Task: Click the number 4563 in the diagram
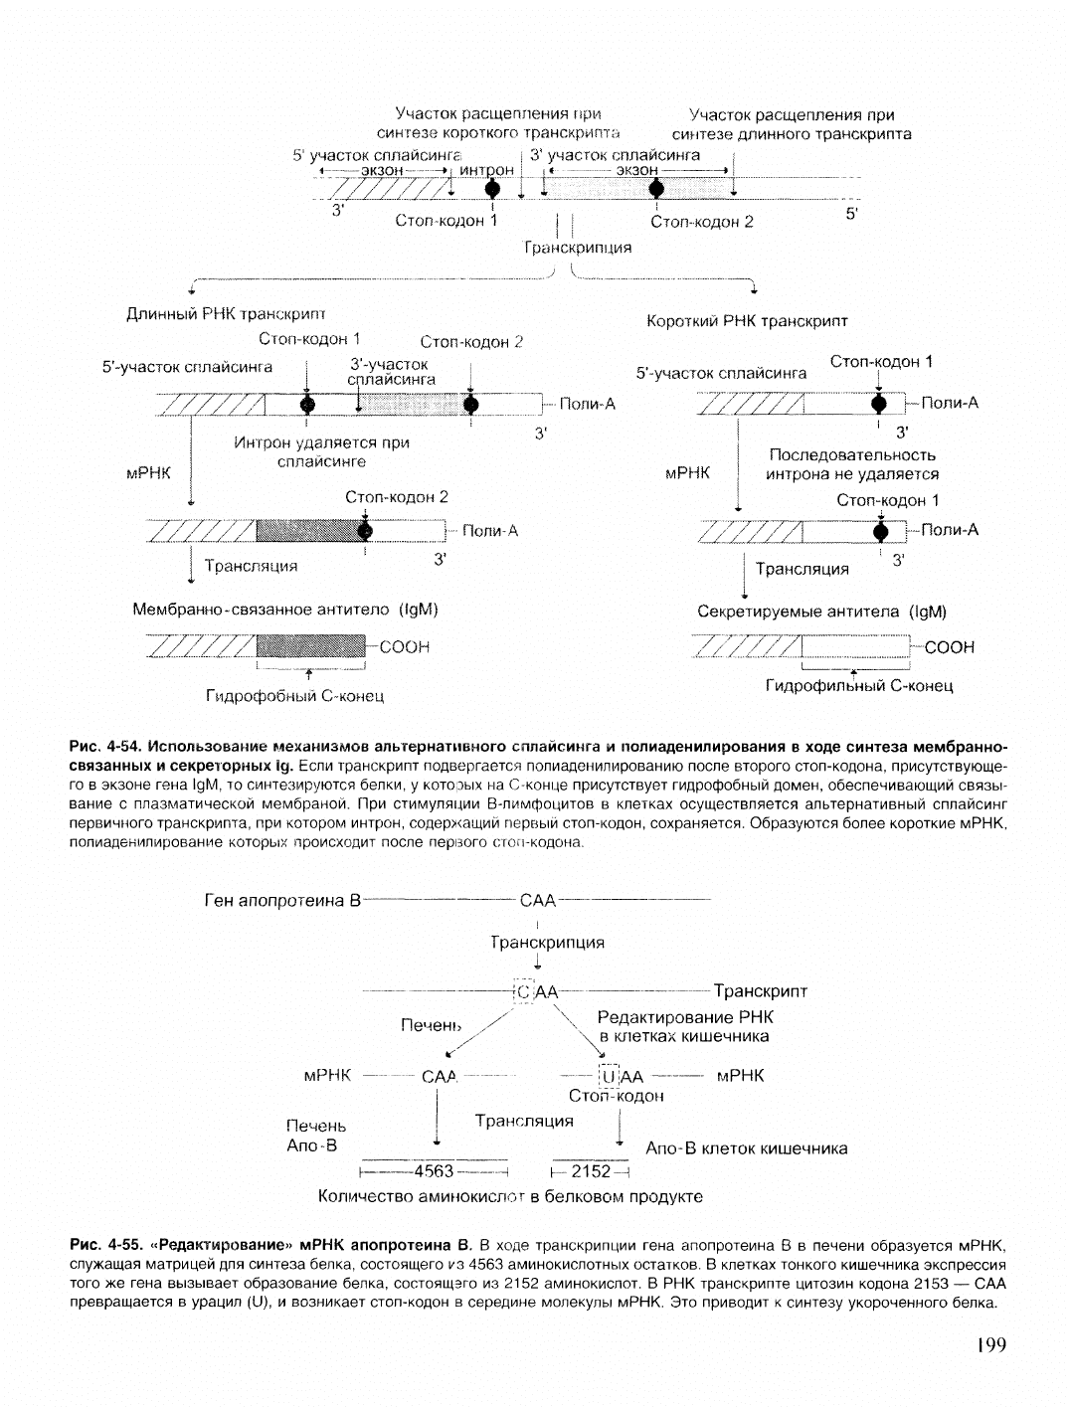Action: pyautogui.click(x=434, y=1170)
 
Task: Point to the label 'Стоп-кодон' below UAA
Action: pyautogui.click(x=616, y=1096)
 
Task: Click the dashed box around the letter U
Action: pyautogui.click(x=609, y=1075)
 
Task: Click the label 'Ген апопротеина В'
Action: pyautogui.click(x=281, y=901)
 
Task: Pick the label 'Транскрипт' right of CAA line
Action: pyautogui.click(x=761, y=991)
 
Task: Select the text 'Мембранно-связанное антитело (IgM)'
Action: pyautogui.click(x=285, y=609)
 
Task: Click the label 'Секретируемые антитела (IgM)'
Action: pyautogui.click(x=822, y=612)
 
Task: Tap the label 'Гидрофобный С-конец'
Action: pyautogui.click(x=294, y=696)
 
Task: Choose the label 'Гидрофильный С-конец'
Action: pyautogui.click(x=859, y=686)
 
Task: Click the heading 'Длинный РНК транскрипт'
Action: pyautogui.click(x=226, y=314)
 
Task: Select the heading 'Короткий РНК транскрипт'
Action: pyautogui.click(x=747, y=321)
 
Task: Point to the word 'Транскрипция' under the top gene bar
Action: pyautogui.click(x=578, y=248)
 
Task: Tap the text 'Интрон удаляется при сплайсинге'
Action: pyautogui.click(x=321, y=451)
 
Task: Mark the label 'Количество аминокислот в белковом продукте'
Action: pyautogui.click(x=510, y=1196)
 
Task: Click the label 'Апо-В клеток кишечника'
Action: pyautogui.click(x=747, y=1148)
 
